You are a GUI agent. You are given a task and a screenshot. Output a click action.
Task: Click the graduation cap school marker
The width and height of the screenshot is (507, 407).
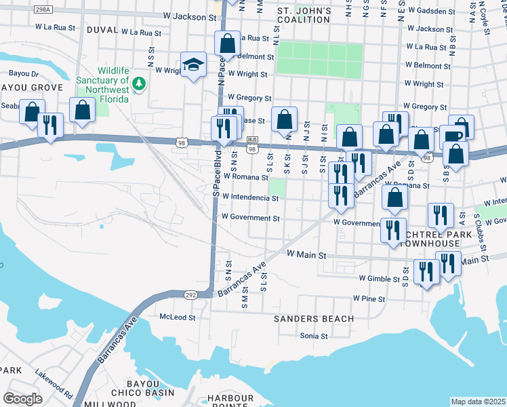click(x=194, y=65)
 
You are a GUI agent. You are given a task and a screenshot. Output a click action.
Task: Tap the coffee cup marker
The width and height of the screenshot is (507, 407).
click(x=452, y=136)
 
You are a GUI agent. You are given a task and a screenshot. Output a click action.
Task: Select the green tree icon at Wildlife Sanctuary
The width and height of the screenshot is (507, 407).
click(x=140, y=83)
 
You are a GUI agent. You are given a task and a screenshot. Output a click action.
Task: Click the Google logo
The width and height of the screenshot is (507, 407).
click(x=23, y=398)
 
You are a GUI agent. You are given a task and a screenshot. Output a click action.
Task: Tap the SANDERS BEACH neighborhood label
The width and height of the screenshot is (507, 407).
click(x=313, y=319)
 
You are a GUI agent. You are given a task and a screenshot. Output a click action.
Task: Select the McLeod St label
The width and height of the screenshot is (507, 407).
click(x=177, y=317)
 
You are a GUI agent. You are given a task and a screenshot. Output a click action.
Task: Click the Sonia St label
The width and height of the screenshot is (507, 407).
click(x=314, y=336)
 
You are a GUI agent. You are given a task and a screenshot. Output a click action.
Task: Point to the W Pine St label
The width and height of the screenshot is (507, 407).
click(x=369, y=298)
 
